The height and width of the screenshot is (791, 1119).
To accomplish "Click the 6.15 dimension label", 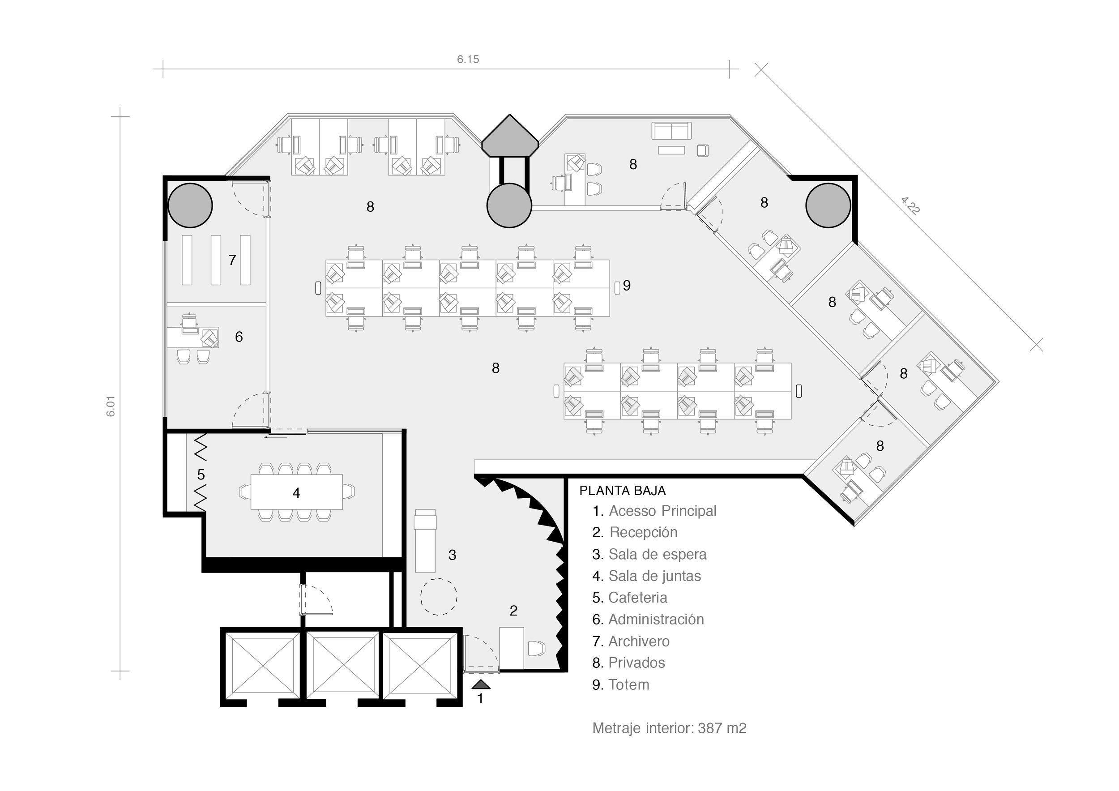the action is [468, 60].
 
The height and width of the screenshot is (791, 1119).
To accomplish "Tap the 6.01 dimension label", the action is [111, 406].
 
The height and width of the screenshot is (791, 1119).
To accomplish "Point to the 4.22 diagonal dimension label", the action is [910, 205].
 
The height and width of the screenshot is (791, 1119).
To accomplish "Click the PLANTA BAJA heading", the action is [622, 491].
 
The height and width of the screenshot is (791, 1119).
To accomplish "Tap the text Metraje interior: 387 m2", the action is [669, 728].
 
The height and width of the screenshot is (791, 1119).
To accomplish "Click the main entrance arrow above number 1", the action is [481, 684].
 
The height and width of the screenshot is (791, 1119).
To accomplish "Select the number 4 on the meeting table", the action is [296, 493].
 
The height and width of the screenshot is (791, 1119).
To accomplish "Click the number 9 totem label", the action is [627, 286].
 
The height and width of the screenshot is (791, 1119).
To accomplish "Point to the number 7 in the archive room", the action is [232, 260].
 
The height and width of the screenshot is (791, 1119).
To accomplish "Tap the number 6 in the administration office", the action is [239, 337].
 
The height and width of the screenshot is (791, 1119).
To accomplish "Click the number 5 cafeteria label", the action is [201, 474].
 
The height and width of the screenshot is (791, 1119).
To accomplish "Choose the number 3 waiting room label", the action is [452, 555].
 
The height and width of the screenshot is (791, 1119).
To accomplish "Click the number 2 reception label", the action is [513, 611].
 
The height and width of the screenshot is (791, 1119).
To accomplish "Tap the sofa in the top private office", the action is [671, 131].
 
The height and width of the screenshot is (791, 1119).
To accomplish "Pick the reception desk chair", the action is [536, 649].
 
